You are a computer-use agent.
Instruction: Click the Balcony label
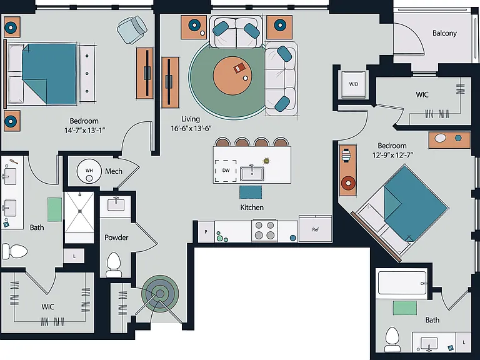[x=444, y=33]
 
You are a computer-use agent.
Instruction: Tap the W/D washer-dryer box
[x=354, y=84]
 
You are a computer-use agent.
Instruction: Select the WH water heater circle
[x=89, y=171]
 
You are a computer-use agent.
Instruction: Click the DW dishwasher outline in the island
[x=226, y=171]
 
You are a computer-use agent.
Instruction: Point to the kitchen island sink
[x=252, y=173]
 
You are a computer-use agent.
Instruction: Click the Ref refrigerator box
[x=315, y=229]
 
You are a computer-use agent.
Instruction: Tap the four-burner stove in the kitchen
[x=264, y=231]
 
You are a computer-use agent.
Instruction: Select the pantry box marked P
[x=206, y=232]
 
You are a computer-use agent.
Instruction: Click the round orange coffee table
[x=232, y=76]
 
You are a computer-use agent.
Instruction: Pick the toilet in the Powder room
[x=114, y=264]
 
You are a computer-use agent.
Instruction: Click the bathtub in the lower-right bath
[x=401, y=283]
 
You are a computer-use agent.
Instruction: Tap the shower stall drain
[x=79, y=211]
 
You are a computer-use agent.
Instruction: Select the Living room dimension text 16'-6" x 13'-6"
[x=191, y=128]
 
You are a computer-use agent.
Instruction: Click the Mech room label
[x=114, y=171]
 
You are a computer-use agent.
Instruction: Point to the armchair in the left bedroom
[x=132, y=30]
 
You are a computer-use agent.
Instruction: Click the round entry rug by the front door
[x=160, y=294]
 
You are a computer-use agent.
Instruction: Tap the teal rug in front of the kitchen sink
[x=251, y=192]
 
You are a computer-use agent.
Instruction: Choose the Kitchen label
[x=252, y=207]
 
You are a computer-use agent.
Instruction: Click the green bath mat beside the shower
[x=54, y=209]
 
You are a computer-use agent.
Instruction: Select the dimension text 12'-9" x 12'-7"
[x=392, y=155]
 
